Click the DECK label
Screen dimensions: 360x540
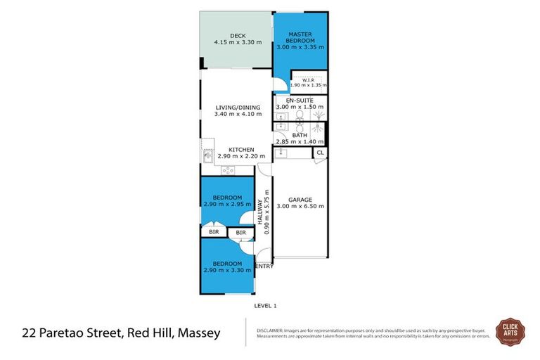(236, 37)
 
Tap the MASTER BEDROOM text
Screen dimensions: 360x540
(300, 37)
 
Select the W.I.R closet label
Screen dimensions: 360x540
(308, 79)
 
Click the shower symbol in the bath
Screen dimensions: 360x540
(319, 129)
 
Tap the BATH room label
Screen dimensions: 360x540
(300, 135)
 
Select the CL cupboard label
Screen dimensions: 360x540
(320, 153)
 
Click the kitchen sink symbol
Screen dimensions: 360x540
(208, 156)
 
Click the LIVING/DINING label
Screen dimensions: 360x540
(236, 108)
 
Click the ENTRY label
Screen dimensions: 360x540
(264, 266)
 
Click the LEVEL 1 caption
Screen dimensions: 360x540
(266, 306)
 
